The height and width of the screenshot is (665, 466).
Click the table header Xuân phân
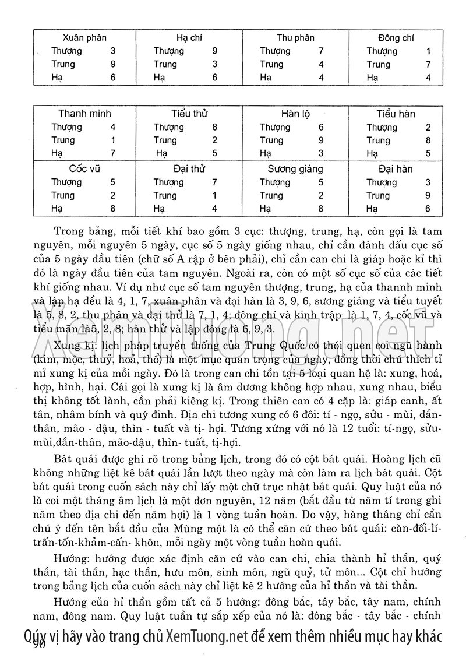[84, 38]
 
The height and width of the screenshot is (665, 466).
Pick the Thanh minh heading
[84, 114]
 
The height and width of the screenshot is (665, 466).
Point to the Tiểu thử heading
[190, 114]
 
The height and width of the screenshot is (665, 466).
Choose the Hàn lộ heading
[295, 114]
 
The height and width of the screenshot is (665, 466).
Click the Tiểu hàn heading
[396, 114]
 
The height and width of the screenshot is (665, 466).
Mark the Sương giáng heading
[295, 169]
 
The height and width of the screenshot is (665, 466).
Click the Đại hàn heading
[396, 169]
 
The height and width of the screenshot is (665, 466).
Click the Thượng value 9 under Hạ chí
[215, 51]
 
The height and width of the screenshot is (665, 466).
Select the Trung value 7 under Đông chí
[428, 64]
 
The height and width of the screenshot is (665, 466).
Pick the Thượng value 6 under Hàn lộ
[321, 127]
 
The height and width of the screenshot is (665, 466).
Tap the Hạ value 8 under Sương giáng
[321, 209]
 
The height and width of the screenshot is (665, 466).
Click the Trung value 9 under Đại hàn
[428, 196]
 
